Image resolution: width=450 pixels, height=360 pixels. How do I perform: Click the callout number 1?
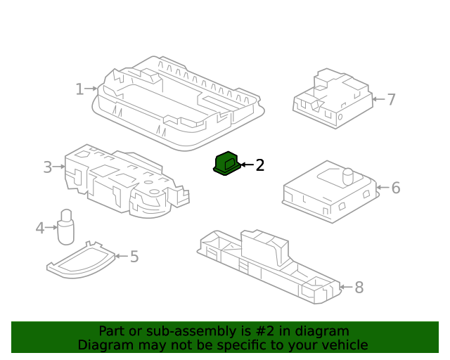pyautogui.click(x=79, y=89)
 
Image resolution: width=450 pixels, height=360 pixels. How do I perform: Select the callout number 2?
pyautogui.click(x=259, y=165)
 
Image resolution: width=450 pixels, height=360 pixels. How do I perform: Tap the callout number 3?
pyautogui.click(x=48, y=167)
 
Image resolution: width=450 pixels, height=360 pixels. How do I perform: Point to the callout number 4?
pyautogui.click(x=40, y=227)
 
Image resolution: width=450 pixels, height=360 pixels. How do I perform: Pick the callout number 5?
pyautogui.click(x=134, y=257)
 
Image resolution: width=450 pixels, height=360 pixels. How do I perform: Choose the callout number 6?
pyautogui.click(x=396, y=188)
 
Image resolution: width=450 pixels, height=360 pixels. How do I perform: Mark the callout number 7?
pyautogui.click(x=392, y=99)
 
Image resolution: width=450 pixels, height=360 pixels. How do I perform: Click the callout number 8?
pyautogui.click(x=359, y=287)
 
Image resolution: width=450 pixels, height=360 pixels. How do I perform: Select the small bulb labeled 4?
pyautogui.click(x=65, y=226)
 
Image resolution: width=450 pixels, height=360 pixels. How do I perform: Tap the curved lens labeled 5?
pyautogui.click(x=81, y=260)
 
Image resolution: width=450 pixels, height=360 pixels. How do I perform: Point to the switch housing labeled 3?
pyautogui.click(x=120, y=179)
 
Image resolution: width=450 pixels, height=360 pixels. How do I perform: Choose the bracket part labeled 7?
pyautogui.click(x=330, y=98)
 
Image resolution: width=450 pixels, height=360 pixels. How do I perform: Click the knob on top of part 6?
pyautogui.click(x=347, y=174)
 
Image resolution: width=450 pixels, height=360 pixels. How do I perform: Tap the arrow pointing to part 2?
pyautogui.click(x=246, y=165)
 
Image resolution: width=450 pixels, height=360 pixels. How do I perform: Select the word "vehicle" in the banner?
pyautogui.click(x=344, y=345)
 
